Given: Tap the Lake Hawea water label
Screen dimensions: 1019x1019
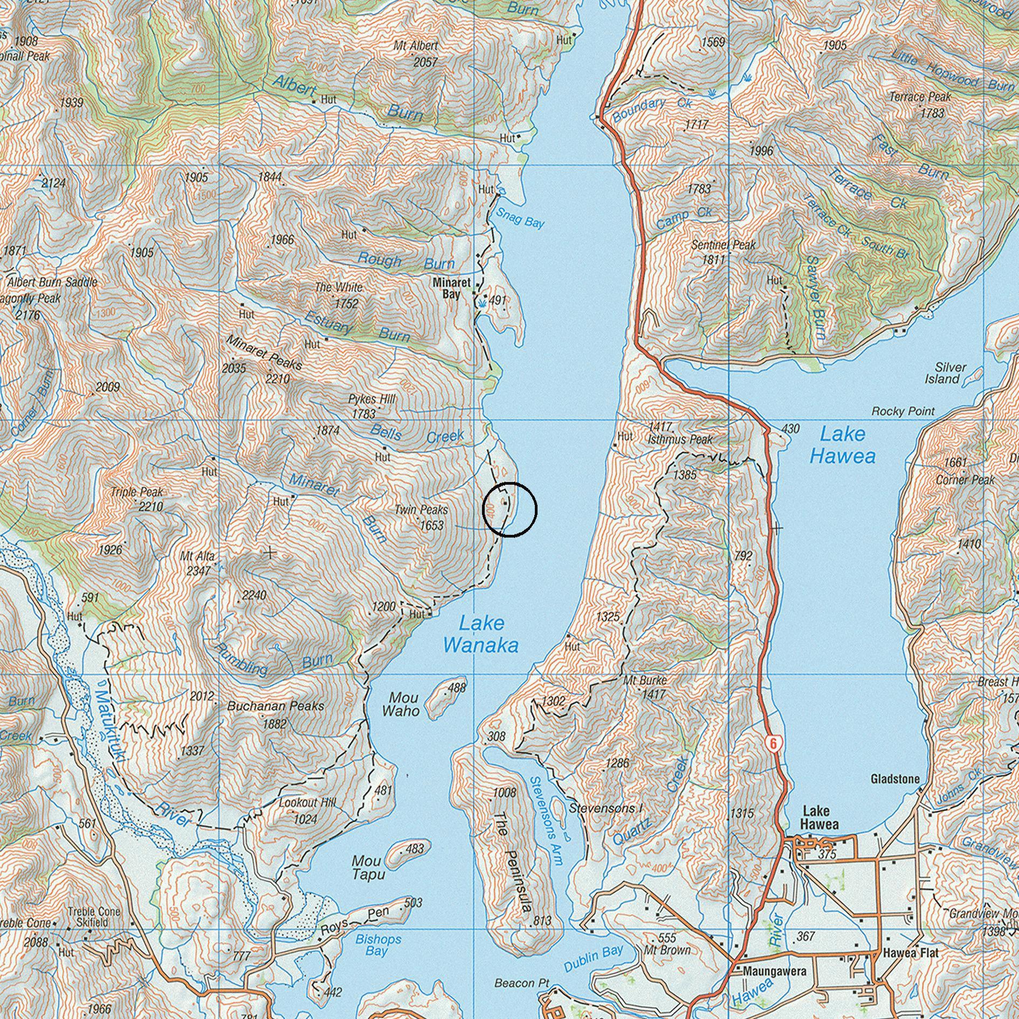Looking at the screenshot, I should [x=842, y=445].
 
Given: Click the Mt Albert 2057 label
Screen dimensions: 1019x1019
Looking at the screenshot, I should [x=416, y=54].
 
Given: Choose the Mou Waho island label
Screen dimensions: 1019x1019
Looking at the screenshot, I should [x=400, y=704].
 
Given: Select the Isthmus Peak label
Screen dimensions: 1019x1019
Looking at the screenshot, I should [x=680, y=439].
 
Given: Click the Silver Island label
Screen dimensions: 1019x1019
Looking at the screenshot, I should [x=946, y=373].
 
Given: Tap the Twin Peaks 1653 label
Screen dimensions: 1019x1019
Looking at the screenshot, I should [x=421, y=517].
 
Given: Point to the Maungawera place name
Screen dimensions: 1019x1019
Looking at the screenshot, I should [x=774, y=971].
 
